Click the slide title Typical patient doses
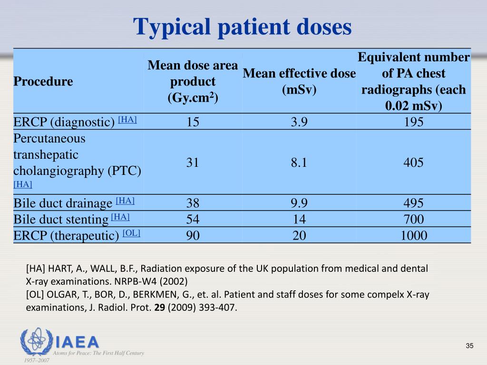point(243,27)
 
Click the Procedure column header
point(43,81)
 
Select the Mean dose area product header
point(193,81)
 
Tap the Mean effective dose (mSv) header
point(299,81)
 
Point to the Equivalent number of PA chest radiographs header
point(413,81)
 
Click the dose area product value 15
point(193,122)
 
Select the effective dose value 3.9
point(299,122)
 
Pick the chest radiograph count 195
point(413,122)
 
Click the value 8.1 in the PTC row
point(299,163)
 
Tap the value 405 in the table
point(413,163)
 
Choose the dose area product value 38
point(193,203)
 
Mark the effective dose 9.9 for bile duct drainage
point(299,203)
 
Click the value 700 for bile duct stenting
point(413,219)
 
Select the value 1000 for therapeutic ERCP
point(413,235)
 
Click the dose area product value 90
point(193,235)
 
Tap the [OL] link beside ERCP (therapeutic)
point(131,233)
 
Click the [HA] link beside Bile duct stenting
point(120,217)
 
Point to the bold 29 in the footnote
point(160,307)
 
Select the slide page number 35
point(469,346)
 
